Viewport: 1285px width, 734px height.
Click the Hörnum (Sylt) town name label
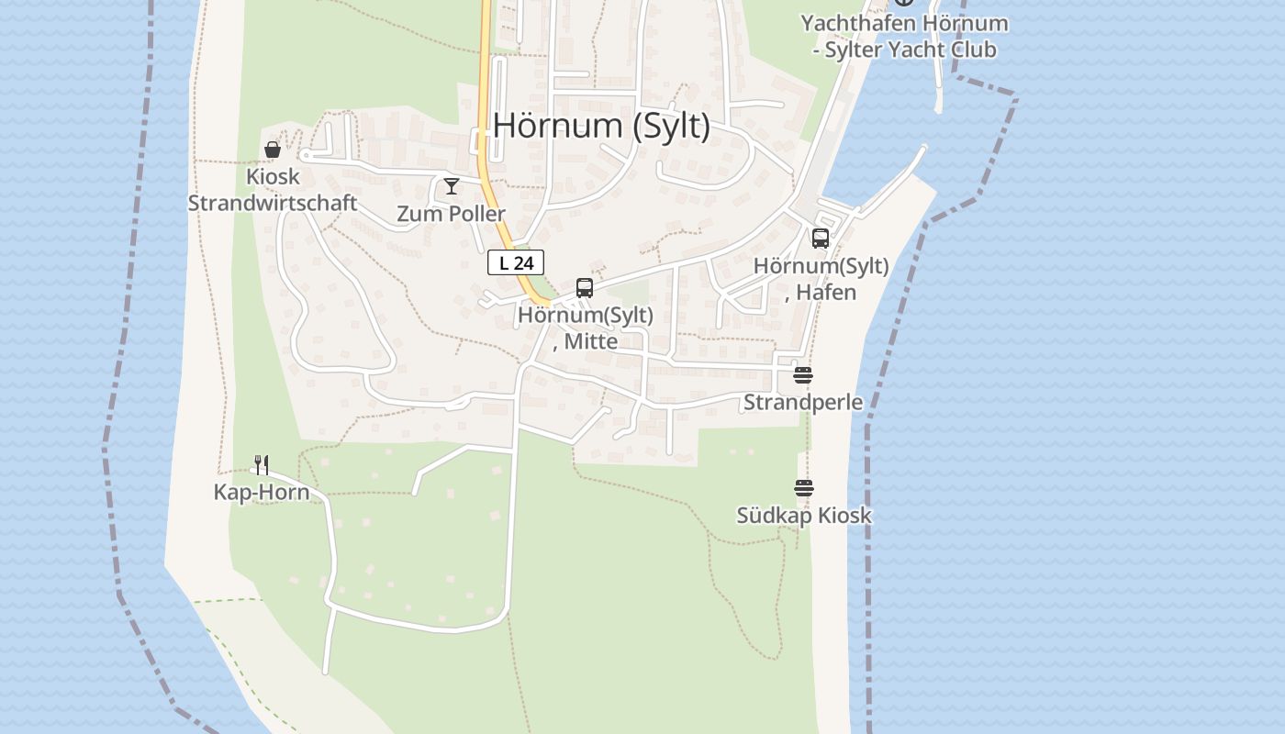pyautogui.click(x=601, y=126)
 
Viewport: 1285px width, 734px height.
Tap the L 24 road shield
pyautogui.click(x=516, y=263)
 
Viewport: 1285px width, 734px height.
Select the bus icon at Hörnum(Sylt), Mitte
pyautogui.click(x=585, y=288)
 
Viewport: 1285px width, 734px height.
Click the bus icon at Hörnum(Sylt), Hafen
pyautogui.click(x=821, y=239)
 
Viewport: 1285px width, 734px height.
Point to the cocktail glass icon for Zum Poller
pyautogui.click(x=452, y=186)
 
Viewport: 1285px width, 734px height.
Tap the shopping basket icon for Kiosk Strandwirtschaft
pyautogui.click(x=273, y=150)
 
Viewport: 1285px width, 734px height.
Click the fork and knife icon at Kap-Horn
pyautogui.click(x=262, y=465)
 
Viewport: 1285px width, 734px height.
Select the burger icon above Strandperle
pyautogui.click(x=803, y=375)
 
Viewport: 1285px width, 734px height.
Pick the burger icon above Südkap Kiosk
pyautogui.click(x=804, y=488)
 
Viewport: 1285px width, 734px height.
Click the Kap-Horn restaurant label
pyautogui.click(x=262, y=492)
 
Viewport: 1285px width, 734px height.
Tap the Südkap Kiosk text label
pyautogui.click(x=804, y=516)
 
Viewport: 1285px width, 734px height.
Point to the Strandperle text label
pyautogui.click(x=803, y=402)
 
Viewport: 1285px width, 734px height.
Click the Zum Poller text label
pyautogui.click(x=452, y=214)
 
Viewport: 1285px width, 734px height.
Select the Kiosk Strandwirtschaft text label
pyautogui.click(x=273, y=190)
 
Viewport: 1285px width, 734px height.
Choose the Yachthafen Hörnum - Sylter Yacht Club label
pyautogui.click(x=904, y=36)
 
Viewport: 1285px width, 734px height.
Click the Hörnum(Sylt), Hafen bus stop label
pyautogui.click(x=821, y=279)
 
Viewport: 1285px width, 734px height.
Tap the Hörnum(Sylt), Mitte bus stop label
pyautogui.click(x=586, y=328)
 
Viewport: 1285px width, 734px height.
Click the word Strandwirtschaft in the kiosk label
pyautogui.click(x=273, y=203)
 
